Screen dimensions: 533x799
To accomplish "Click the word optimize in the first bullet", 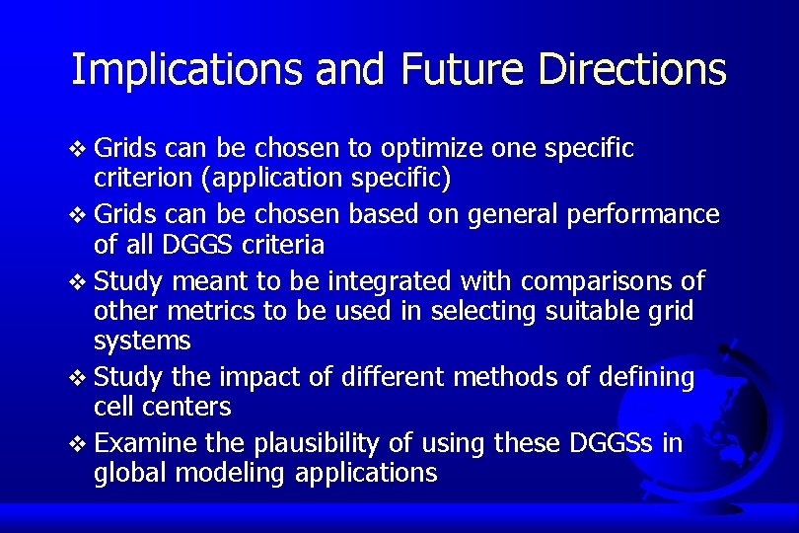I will coord(428,149).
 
